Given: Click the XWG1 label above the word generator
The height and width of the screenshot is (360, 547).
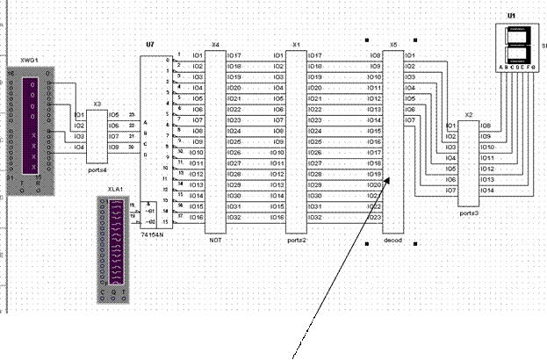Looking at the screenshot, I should pos(30,61).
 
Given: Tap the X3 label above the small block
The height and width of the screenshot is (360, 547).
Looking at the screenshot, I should pos(97,104).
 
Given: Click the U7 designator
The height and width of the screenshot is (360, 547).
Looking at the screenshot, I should pos(149,44).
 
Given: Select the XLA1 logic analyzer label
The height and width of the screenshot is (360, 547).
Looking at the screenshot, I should pos(116,189).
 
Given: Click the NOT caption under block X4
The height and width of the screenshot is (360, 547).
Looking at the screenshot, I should pos(214,239).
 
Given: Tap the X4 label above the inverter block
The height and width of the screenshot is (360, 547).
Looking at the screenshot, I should pos(215,44).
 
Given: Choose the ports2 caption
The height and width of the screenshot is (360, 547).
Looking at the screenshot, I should pos(296,239).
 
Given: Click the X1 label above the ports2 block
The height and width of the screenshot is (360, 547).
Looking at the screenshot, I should pos(296,44).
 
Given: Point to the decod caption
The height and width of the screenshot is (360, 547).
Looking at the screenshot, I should pos(392,239).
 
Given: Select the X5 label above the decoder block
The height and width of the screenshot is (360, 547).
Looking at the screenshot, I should pos(392,44).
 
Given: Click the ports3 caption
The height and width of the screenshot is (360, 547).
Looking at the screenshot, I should pos(468,212).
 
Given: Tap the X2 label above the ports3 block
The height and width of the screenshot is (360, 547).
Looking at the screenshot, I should pos(468,115).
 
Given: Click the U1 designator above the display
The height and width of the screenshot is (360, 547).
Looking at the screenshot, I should pos(512,16).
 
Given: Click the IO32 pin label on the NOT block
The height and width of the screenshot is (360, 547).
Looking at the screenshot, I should pos(234,217).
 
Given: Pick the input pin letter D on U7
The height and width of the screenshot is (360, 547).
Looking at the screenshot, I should pos(147,155).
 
